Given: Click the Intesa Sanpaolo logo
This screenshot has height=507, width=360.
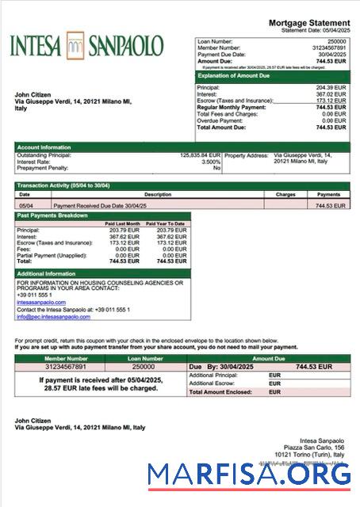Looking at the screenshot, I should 87,44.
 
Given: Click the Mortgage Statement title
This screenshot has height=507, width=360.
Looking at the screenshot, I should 308,23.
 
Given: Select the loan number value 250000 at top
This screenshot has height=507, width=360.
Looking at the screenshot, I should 336,40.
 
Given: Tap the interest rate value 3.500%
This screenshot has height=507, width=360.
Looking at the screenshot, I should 211,162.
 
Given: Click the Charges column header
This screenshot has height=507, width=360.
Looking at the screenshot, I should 285,194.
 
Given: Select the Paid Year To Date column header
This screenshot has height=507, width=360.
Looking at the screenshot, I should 168,223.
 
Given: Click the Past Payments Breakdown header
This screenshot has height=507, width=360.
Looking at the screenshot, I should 52,215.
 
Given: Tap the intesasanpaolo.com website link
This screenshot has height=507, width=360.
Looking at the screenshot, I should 41,302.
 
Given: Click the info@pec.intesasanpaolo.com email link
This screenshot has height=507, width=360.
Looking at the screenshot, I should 53,317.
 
